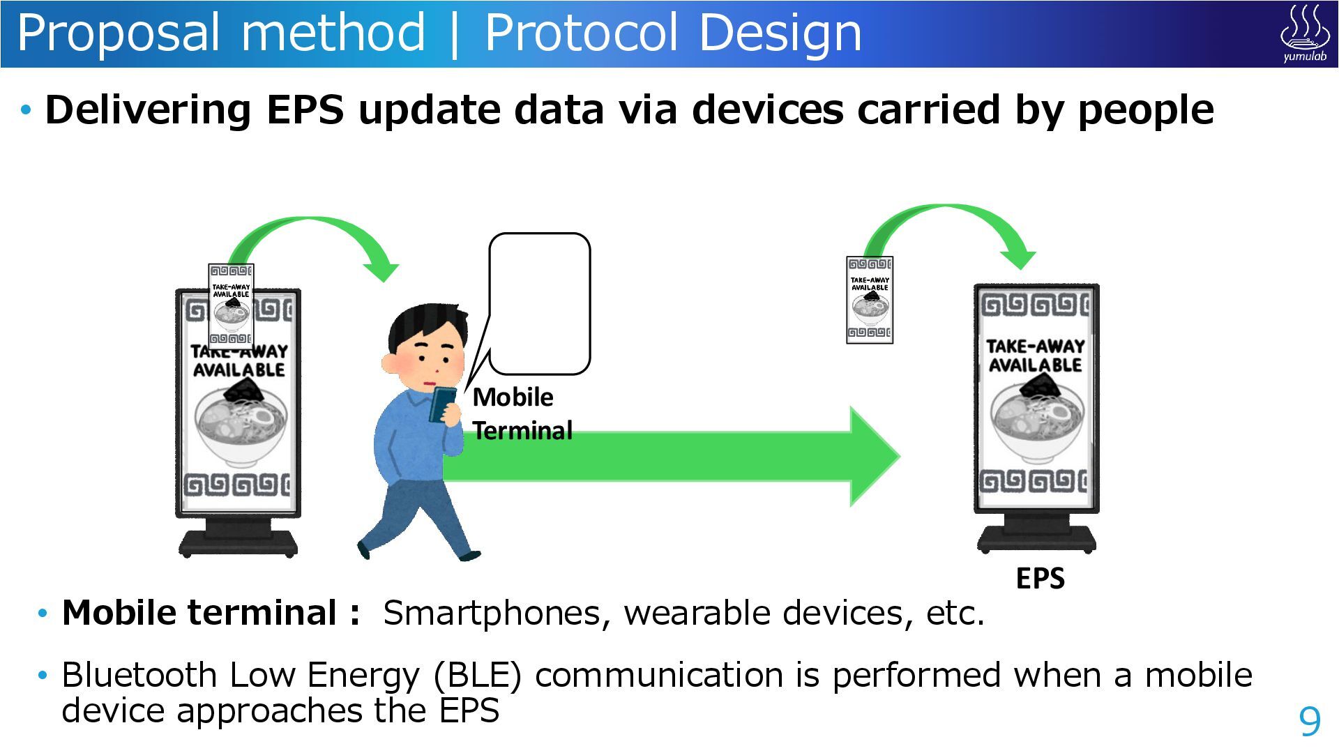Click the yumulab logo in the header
1304,33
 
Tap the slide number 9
1310,721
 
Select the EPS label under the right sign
1040,578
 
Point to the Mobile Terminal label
522,413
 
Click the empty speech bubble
539,304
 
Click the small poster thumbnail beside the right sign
870,300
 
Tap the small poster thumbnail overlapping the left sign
231,305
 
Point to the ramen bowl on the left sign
240,422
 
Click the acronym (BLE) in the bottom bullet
477,676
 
